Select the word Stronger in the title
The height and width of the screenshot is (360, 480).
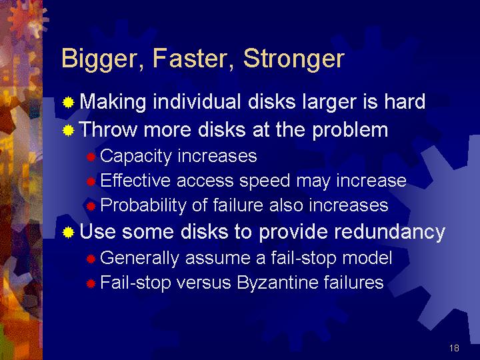[x=294, y=59]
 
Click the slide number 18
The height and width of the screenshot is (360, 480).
[x=454, y=348]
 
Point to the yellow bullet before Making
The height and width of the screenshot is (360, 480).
[x=68, y=103]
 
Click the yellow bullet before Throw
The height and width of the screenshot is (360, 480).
[x=68, y=131]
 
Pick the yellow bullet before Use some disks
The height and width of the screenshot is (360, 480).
[x=68, y=233]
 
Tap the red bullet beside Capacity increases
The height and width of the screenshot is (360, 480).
[x=91, y=157]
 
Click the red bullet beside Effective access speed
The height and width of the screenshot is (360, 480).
[x=91, y=182]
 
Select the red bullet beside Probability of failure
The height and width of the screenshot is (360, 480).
[x=91, y=206]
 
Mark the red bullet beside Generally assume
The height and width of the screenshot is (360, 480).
[x=91, y=259]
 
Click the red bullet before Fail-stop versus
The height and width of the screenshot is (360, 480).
[x=91, y=283]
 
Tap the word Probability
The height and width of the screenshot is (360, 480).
[x=143, y=206]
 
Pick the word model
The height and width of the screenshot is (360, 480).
[x=367, y=257]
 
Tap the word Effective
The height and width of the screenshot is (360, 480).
[x=135, y=180]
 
